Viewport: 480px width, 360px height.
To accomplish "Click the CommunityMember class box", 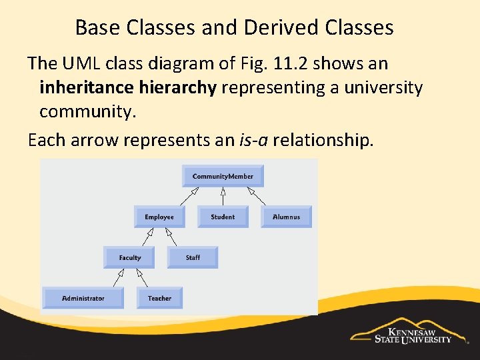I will click(223, 176).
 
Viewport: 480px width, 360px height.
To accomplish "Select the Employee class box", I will click(159, 217).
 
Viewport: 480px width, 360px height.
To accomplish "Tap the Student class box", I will click(223, 217).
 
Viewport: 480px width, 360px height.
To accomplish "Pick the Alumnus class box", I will click(286, 217).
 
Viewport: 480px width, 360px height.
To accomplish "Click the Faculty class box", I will click(129, 257).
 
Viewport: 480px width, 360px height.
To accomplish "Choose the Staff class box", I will click(193, 257).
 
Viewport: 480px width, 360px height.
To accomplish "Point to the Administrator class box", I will click(83, 298).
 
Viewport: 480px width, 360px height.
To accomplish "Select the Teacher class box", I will click(159, 298).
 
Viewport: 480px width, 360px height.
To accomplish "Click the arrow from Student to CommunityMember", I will click(223, 197).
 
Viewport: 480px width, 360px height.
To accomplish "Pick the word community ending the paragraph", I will click(87, 111).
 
